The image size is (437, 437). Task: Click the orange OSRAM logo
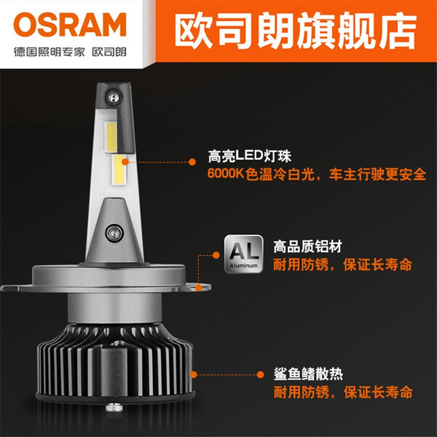pos(70,25)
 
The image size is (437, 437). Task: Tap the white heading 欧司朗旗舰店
pos(296,31)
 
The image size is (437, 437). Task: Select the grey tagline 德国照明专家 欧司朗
pos(70,52)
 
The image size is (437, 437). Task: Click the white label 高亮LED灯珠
pos(249,156)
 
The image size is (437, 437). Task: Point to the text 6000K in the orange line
pos(226,173)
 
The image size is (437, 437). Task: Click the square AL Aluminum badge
pos(244,253)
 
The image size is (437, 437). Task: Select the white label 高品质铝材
pos(307,247)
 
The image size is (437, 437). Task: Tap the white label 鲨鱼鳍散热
pos(308,374)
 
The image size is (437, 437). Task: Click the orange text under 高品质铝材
pos(342,265)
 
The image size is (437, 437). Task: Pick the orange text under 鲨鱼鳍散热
pos(343,393)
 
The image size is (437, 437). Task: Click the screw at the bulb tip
pos(113,98)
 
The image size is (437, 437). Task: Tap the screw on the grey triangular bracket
pos(114,233)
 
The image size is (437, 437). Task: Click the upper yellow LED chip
pos(111,137)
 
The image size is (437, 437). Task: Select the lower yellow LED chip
pos(119,170)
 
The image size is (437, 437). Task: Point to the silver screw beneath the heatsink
pos(114,407)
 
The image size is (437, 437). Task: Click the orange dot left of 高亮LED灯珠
pos(192,162)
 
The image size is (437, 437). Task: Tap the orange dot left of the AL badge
pos(216,255)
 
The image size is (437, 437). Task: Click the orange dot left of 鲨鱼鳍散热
pos(260,374)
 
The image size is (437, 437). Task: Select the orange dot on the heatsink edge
pos(194,374)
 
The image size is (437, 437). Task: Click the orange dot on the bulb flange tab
pos(198,288)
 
